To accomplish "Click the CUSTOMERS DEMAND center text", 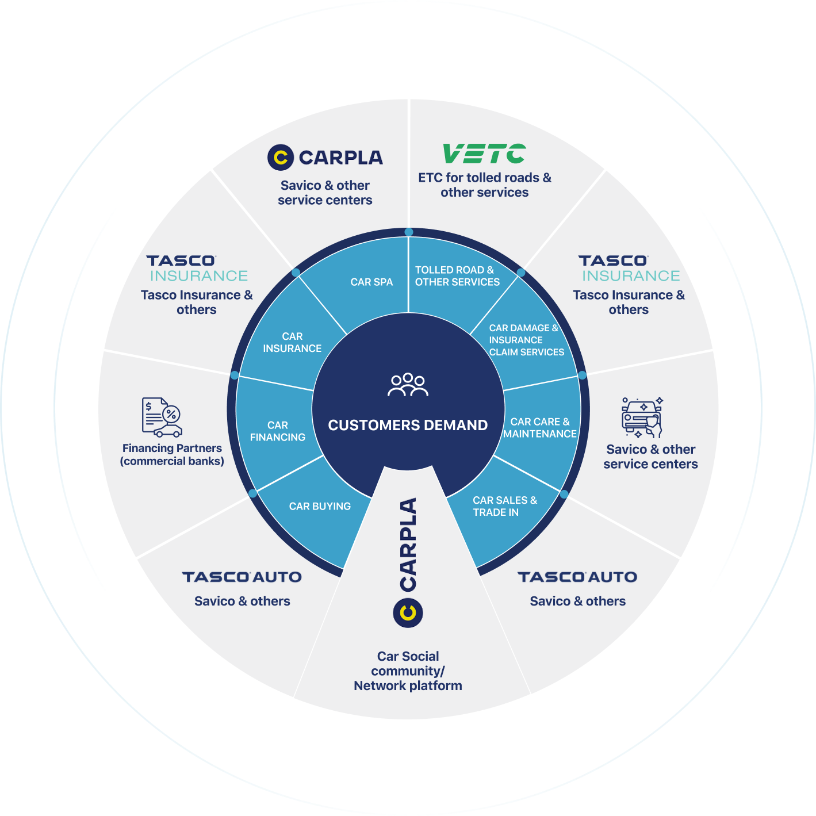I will coord(408,425).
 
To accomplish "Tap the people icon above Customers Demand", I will coord(408,385).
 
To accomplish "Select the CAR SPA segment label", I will coord(371,282).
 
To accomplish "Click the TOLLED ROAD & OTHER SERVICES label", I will coord(457,276).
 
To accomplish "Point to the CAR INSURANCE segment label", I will coord(292,342).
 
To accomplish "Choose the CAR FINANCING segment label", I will coord(278,431).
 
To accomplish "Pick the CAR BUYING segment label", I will coord(320,506).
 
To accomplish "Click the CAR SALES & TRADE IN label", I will coord(504,506).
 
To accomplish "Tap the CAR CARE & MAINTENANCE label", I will coord(539,428).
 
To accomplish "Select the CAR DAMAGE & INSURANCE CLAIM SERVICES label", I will coord(526,340).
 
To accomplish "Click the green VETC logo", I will coord(484,154).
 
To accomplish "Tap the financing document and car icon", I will coord(162,417).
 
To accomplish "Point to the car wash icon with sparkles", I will coord(642,417).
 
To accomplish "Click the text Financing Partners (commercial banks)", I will coord(172,454).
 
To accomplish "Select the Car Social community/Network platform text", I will coord(408,671).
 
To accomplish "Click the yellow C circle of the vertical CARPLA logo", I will coord(408,612).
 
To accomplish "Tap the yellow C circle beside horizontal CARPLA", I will coord(281,157).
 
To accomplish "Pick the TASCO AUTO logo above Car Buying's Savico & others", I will coord(242,577).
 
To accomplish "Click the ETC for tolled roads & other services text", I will coord(484,185).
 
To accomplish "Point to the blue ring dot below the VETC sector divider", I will coord(408,232).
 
